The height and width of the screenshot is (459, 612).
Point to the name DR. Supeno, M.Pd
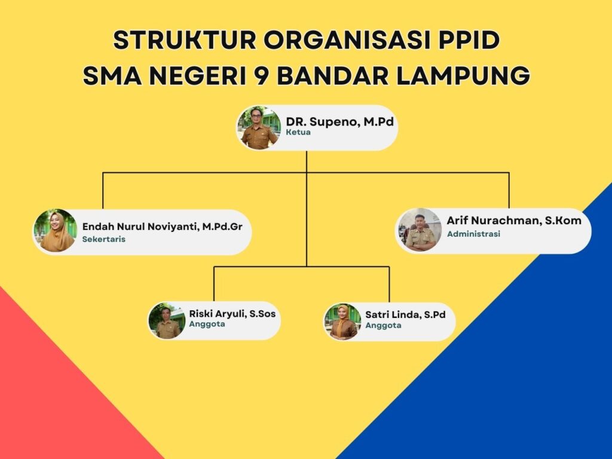pos(339,121)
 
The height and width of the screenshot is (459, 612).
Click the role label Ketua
pos(298,132)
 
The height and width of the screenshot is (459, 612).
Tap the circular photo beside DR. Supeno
pos(259,128)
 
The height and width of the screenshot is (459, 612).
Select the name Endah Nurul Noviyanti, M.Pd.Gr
pos(163,227)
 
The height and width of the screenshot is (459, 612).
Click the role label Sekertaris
pos(104,239)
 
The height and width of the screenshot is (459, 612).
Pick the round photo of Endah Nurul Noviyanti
pos(56,231)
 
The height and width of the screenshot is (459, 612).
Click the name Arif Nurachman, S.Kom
pos(514,221)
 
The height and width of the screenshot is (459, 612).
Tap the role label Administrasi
pos(473,234)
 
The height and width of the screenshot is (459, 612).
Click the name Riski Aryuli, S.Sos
pos(232,314)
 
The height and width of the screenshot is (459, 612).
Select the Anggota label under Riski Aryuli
pos(207,324)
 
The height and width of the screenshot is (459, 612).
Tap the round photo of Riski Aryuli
pos(167,320)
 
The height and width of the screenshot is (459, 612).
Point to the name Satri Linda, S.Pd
pos(405,314)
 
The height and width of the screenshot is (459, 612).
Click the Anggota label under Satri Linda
pos(383,325)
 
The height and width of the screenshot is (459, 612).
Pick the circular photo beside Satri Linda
pos(343,322)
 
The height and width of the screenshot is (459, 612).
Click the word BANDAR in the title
pos(333,76)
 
